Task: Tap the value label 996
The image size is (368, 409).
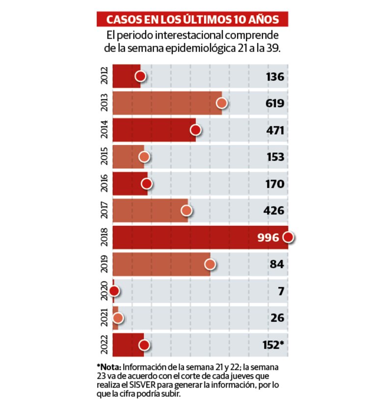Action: [x=268, y=238]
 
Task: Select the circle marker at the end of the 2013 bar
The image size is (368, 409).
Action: [x=222, y=103]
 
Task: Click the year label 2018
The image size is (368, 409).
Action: [x=104, y=238]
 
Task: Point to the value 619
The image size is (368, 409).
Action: [x=275, y=103]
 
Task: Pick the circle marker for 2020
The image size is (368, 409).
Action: [x=114, y=291]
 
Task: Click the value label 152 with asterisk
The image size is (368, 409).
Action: [x=273, y=345]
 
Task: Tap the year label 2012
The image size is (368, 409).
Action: [x=104, y=76]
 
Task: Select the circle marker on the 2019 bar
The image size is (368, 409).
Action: [x=210, y=265]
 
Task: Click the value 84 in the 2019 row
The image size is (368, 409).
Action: [x=278, y=265]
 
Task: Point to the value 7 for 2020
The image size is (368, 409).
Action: [x=281, y=291]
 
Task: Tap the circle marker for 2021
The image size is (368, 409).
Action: [x=118, y=318]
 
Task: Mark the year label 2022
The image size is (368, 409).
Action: [x=104, y=345]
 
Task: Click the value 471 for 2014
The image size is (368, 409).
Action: [x=275, y=130]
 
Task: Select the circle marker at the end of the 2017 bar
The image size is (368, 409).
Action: [x=186, y=211]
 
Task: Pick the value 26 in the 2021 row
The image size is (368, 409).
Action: [x=278, y=318]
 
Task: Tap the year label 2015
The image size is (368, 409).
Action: [x=104, y=157]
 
